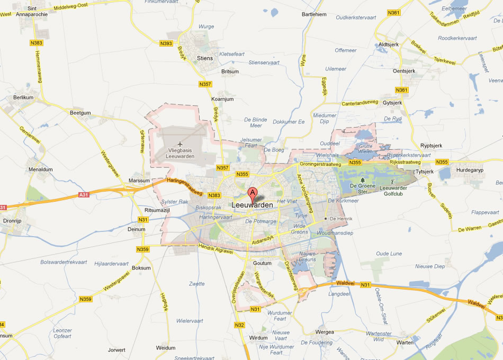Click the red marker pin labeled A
pyautogui.click(x=253, y=193)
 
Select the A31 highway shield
pyautogui.click(x=83, y=195)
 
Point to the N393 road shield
pyautogui.click(x=166, y=44)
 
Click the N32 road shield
pyautogui.click(x=239, y=325)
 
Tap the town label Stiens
pyautogui.click(x=204, y=58)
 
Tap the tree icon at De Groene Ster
pyautogui.click(x=363, y=180)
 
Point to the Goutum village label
pyautogui.click(x=262, y=263)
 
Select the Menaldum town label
pyautogui.click(x=41, y=169)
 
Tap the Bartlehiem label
pyautogui.click(x=313, y=14)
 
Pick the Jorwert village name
pyautogui.click(x=116, y=350)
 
